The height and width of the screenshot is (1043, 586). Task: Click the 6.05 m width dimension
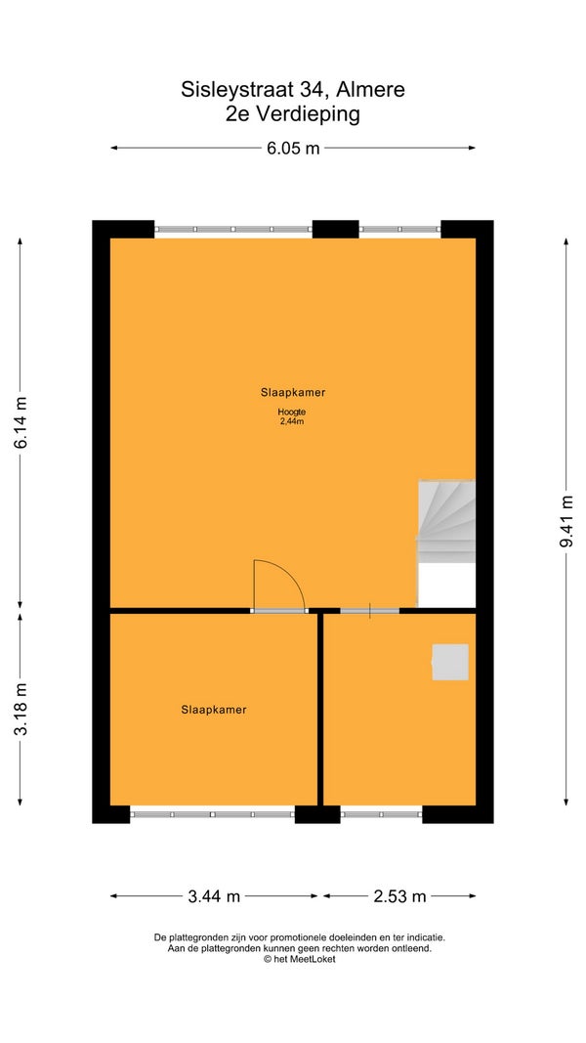pos(293,149)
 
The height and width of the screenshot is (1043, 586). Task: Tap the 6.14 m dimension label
pos(21,422)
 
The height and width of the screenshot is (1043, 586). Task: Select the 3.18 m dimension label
pos(21,709)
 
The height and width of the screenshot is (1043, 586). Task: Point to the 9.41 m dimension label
pos(566,521)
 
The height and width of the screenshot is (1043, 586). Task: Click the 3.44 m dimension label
pos(214,896)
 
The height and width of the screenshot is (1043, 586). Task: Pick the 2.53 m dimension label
pos(399,896)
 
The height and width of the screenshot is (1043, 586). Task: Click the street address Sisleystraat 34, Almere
pos(293,89)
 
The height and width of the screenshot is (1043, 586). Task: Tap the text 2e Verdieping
pos(293,113)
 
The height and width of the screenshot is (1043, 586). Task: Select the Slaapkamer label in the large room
pos(293,392)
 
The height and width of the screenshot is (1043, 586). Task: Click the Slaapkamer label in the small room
pos(214,710)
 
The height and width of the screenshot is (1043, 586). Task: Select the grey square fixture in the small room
pos(450,662)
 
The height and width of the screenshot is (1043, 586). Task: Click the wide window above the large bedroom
pos(233,230)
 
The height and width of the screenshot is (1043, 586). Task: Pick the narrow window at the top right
pos(400,230)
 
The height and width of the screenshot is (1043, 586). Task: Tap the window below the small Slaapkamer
pos(213,813)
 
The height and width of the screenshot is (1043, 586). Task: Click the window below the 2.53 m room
pos(381,813)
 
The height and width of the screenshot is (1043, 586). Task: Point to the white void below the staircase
pos(446,586)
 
